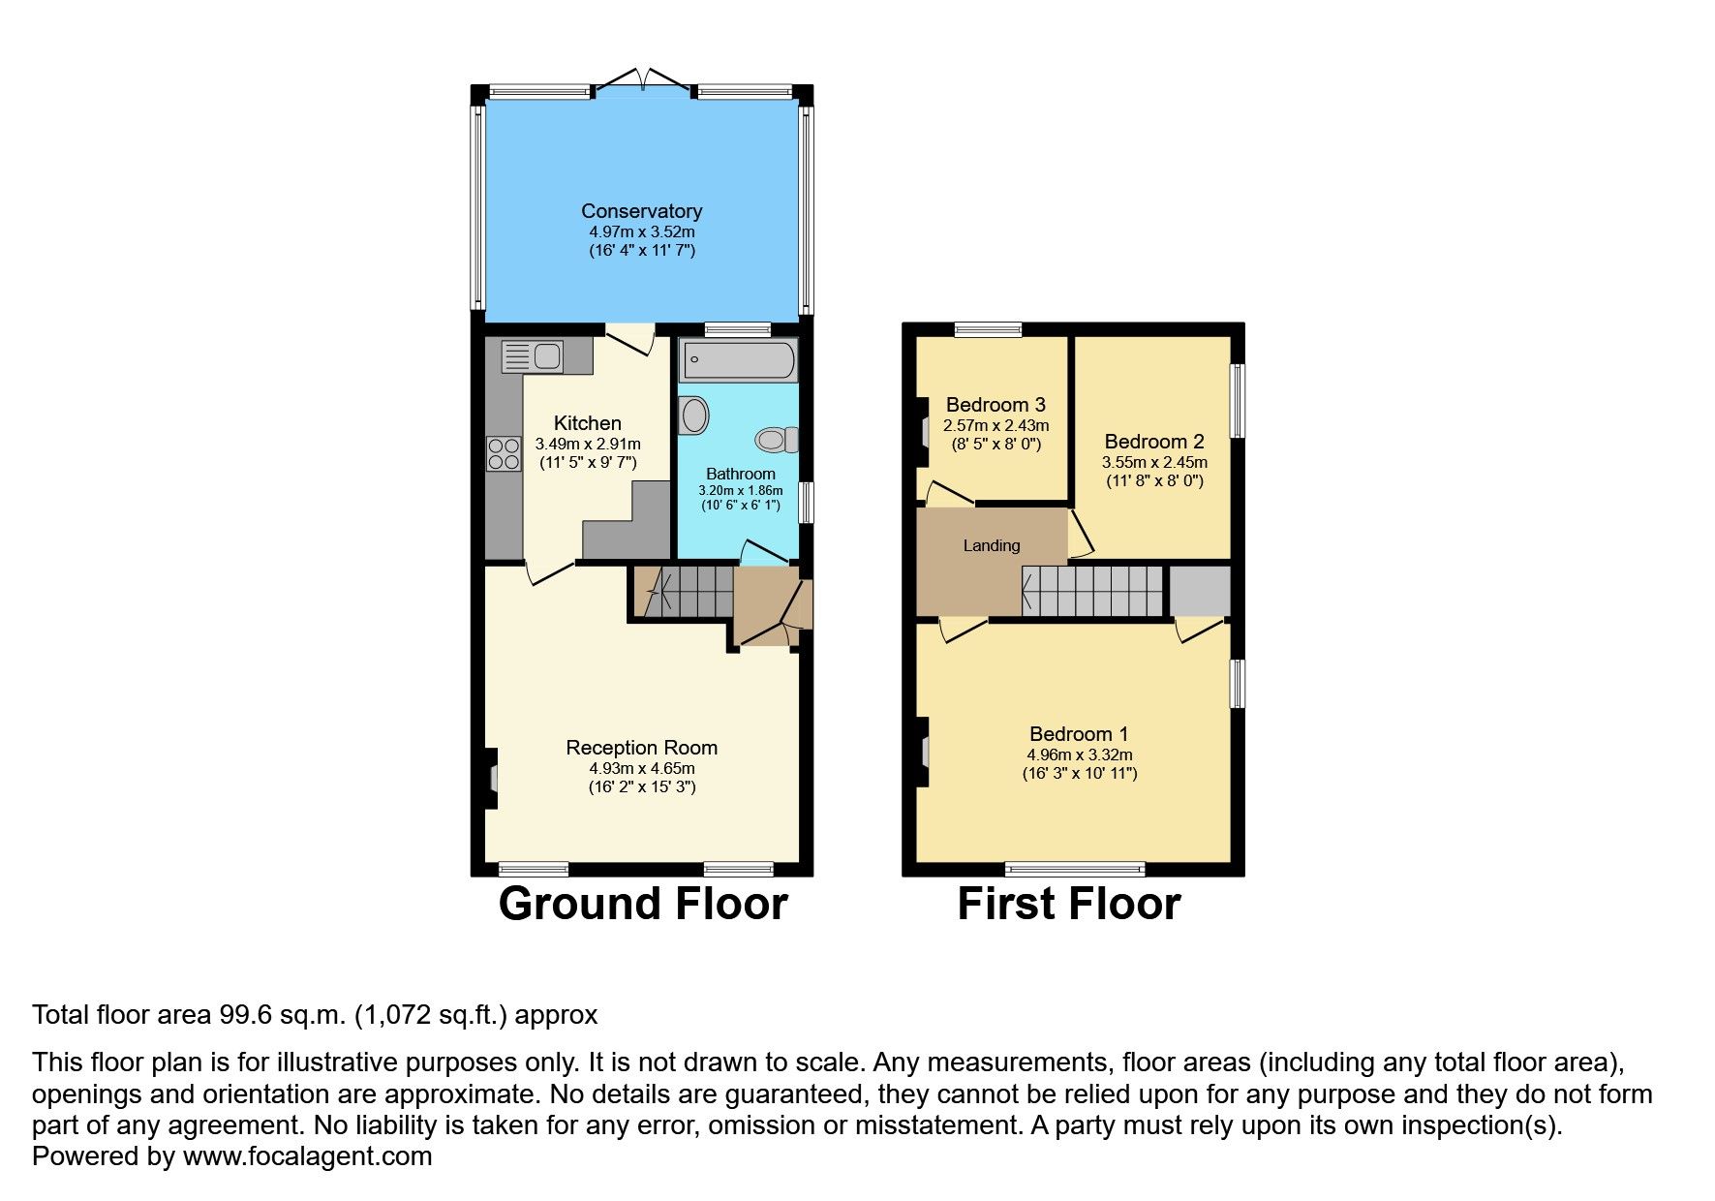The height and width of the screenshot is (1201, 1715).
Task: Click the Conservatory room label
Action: [641, 211]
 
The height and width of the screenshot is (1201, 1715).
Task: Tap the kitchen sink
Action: [532, 356]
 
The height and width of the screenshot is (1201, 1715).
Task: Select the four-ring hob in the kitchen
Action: [504, 453]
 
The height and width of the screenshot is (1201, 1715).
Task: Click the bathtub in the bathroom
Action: [739, 361]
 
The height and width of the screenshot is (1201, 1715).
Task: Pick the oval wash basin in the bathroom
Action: [693, 416]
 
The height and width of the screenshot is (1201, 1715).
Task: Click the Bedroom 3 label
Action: [995, 405]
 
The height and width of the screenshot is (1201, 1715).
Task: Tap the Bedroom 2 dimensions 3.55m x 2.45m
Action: [1154, 462]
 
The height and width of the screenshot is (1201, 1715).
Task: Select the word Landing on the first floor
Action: [991, 545]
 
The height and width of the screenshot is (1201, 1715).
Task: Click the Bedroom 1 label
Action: [1079, 734]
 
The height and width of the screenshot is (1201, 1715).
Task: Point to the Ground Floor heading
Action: [643, 904]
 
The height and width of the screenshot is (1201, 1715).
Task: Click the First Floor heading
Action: [1068, 904]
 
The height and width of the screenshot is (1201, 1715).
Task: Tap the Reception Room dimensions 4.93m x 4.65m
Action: [641, 768]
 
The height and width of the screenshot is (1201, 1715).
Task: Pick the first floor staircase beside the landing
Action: [1092, 591]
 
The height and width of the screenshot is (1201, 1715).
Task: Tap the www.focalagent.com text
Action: [307, 1156]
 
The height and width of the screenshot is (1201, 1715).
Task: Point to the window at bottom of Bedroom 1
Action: [1075, 868]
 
